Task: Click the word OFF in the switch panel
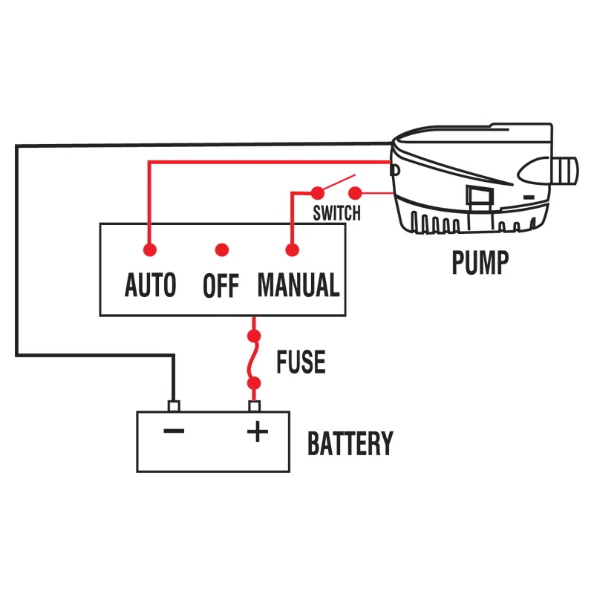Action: [x=221, y=286]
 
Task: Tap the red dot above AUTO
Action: [x=150, y=249]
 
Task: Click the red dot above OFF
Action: [x=221, y=249]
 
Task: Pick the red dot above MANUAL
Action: [x=291, y=249]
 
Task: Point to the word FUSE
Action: [x=301, y=362]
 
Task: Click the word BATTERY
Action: [x=350, y=443]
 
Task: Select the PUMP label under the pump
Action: [x=480, y=262]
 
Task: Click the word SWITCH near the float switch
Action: [x=336, y=214]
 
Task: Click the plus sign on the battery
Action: [x=257, y=431]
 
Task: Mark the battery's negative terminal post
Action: [x=174, y=406]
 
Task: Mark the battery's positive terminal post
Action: [x=255, y=406]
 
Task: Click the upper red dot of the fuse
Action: [x=255, y=336]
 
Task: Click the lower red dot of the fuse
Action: [x=255, y=384]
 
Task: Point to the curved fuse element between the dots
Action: [x=255, y=360]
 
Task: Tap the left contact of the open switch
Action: [x=318, y=191]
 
